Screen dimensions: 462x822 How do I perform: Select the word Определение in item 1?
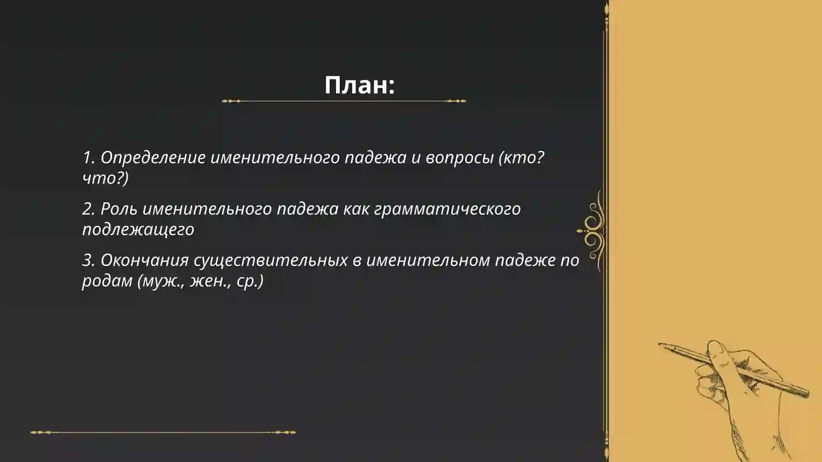[x=153, y=158]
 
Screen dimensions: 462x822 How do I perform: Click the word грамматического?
[x=447, y=209]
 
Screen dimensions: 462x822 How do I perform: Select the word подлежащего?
[x=138, y=229]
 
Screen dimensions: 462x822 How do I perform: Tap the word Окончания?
[x=145, y=260]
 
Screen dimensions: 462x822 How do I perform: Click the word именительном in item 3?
[x=428, y=260]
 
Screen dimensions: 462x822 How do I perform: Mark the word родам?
[x=107, y=281]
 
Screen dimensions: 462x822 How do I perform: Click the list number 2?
[x=88, y=209]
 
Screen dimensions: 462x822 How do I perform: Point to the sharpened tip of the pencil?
[x=660, y=344]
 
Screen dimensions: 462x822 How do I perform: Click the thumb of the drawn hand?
[x=717, y=352]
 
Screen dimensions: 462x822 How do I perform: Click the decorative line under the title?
[x=344, y=101]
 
